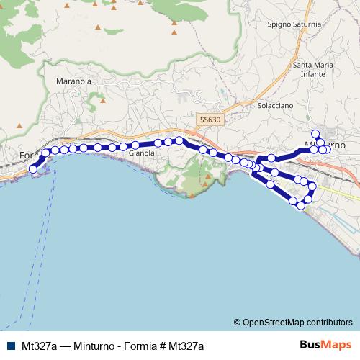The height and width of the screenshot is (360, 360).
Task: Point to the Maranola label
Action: click(x=73, y=81)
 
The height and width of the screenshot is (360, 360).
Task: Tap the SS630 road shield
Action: click(x=210, y=120)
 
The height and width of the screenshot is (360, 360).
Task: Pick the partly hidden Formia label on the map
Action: click(x=27, y=155)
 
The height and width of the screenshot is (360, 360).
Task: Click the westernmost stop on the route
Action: click(x=32, y=169)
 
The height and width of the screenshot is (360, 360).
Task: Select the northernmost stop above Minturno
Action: click(x=315, y=133)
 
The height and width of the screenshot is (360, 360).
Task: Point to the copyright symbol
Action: click(x=238, y=322)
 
